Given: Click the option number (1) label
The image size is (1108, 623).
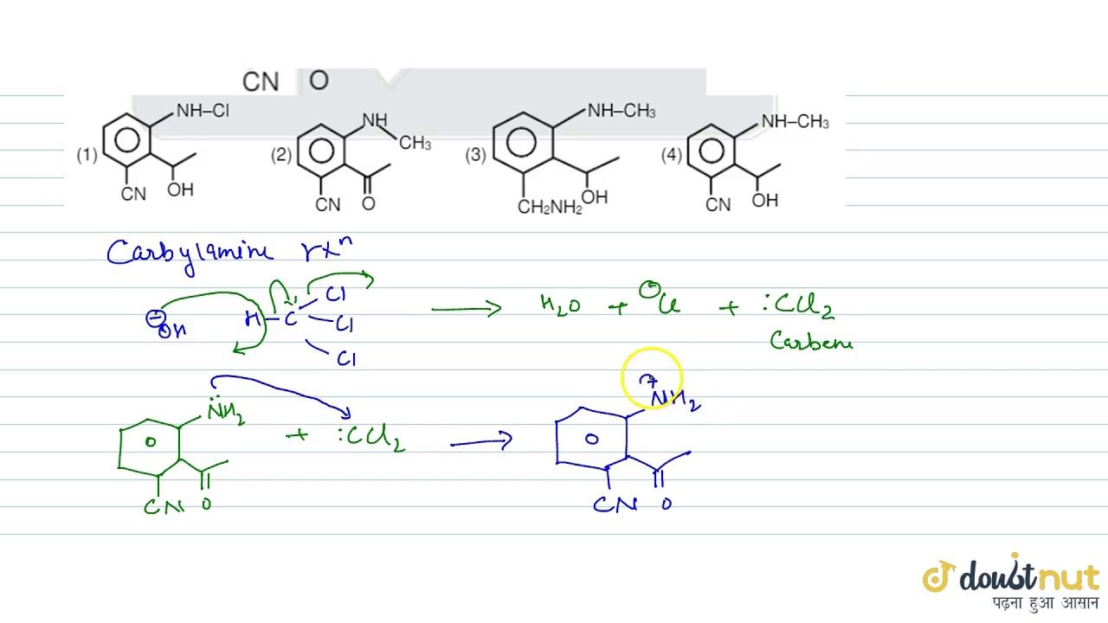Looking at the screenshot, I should click(87, 156).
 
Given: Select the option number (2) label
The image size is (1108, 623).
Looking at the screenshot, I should click(280, 155).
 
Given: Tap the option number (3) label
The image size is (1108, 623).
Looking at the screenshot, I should click(475, 155).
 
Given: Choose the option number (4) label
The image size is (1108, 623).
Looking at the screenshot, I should click(671, 155).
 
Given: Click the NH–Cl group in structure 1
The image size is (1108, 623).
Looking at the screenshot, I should click(203, 111).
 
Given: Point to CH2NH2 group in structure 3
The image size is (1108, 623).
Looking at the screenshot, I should click(550, 207).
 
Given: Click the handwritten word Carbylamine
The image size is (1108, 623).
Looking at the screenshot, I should click(189, 253).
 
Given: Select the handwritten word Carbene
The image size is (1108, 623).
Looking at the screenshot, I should click(811, 342).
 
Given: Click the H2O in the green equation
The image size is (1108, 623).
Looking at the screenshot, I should click(560, 305).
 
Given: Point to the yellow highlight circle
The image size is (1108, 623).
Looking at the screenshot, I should click(652, 378).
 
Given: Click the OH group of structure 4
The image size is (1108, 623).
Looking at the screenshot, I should click(765, 201).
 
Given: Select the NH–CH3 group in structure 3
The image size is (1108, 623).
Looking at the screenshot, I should click(621, 112).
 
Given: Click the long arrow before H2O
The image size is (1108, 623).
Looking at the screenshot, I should click(466, 308).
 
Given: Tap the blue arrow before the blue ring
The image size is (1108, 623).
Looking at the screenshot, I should click(480, 441).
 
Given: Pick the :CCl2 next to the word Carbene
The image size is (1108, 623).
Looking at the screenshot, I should click(798, 304).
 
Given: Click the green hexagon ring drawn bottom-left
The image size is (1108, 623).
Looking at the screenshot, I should click(150, 445).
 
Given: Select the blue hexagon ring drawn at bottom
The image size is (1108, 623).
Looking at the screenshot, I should click(591, 440).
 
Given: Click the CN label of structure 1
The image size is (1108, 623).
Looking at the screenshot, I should click(133, 194).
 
